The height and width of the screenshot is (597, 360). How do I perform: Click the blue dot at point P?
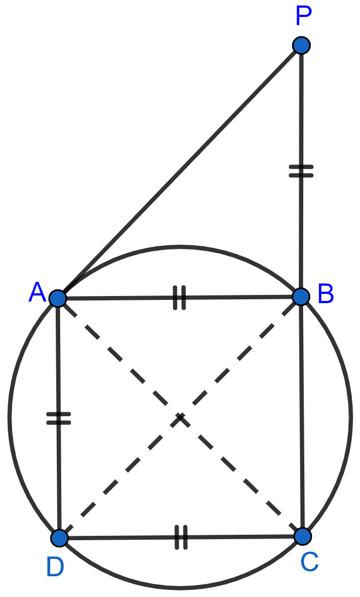click(x=302, y=45)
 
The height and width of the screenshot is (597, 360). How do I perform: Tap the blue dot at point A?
click(x=58, y=298)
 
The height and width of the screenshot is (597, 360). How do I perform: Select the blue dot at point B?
click(x=301, y=297)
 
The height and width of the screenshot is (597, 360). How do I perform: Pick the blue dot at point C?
click(x=303, y=536)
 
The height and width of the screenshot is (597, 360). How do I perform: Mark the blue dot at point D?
click(x=60, y=538)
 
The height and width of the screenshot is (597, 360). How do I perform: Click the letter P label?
click(x=304, y=16)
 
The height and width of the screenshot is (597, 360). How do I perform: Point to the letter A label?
click(x=37, y=292)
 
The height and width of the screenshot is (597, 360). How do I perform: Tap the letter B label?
click(x=326, y=294)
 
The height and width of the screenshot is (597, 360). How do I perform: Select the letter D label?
click(x=55, y=567)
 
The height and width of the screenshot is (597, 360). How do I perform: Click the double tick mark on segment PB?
click(x=301, y=171)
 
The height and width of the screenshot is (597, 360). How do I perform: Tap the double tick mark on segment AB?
click(x=179, y=297)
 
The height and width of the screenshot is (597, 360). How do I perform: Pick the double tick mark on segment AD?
click(x=58, y=418)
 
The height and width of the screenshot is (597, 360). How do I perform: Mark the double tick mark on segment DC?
click(x=181, y=537)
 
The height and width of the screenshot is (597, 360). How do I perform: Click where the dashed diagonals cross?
click(x=180, y=417)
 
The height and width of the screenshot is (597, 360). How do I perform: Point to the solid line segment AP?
click(x=179, y=172)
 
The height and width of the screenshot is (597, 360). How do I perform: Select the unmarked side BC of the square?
click(x=302, y=417)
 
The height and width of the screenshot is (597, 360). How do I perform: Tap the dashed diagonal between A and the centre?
click(x=119, y=358)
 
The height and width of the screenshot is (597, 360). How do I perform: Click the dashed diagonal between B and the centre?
click(x=240, y=357)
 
